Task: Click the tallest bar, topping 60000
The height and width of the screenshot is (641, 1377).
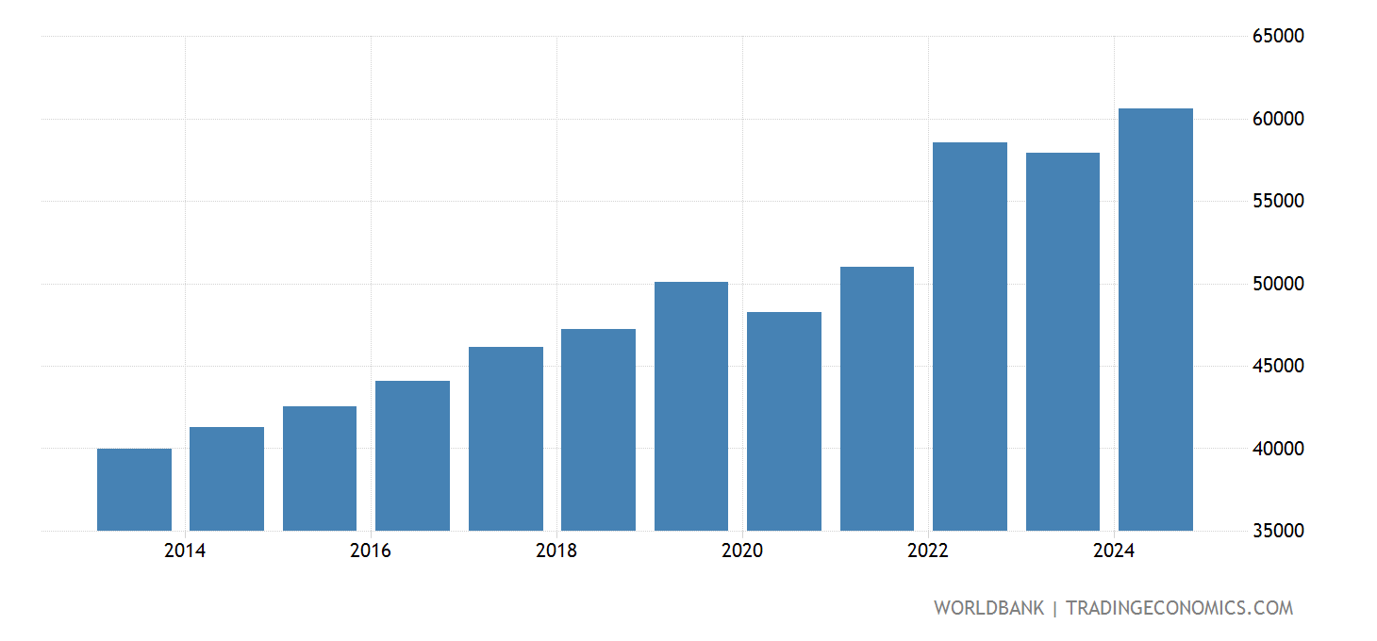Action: [x=1154, y=320]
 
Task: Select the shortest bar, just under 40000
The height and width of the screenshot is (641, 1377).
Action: [x=134, y=490]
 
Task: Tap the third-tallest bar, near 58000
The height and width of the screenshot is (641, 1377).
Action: [x=1062, y=341]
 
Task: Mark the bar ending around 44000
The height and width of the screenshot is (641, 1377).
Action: [x=412, y=456]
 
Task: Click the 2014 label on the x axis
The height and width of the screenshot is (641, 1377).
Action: [x=185, y=551]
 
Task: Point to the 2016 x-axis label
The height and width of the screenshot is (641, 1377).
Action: [x=371, y=551]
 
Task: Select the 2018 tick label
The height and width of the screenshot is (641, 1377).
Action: [x=556, y=551]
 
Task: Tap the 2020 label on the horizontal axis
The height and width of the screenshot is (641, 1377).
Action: [x=742, y=551]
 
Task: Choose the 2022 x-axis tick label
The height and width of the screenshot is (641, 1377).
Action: [x=928, y=551]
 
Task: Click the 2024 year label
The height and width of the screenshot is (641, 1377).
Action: [x=1114, y=551]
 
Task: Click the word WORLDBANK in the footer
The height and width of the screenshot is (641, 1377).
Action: [x=988, y=608]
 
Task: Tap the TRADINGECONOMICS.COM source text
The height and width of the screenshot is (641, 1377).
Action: [x=1179, y=608]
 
